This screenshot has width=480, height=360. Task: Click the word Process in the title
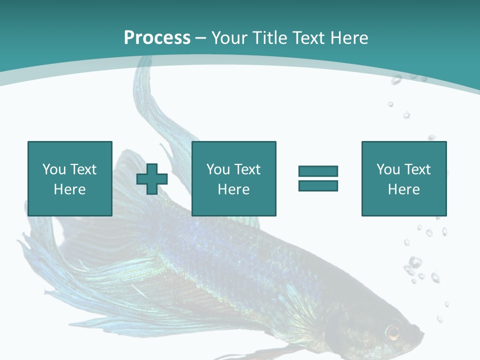[157, 37]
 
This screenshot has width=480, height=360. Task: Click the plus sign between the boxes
[152, 179]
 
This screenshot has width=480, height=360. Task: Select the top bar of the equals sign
[318, 171]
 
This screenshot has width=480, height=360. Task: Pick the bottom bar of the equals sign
[318, 185]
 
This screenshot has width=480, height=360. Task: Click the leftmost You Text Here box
[70, 178]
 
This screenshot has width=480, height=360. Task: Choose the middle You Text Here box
[233, 178]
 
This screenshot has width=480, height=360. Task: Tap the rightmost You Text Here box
[404, 178]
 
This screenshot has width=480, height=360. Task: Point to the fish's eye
[393, 330]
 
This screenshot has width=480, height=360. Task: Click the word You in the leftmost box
[54, 169]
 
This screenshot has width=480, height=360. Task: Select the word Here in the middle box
[233, 189]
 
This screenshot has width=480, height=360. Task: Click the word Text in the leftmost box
[83, 169]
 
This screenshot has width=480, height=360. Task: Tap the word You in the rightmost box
[388, 169]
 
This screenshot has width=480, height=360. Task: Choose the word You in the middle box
[218, 169]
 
